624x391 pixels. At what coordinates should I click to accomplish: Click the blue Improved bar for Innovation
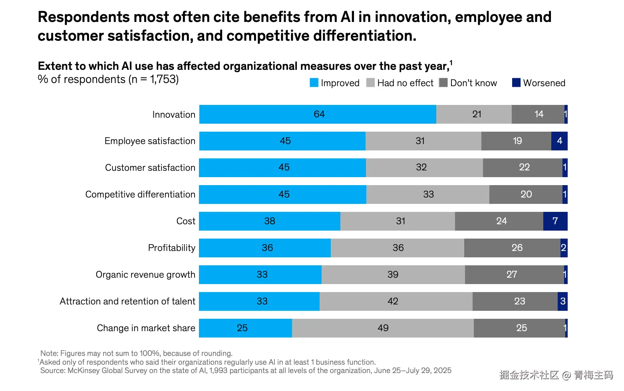click(x=318, y=115)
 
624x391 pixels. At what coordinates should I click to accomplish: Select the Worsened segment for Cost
click(x=555, y=221)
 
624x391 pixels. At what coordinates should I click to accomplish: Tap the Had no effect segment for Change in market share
click(x=383, y=328)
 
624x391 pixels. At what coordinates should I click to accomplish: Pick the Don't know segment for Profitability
click(x=512, y=248)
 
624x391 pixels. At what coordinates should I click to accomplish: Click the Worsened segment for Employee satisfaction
click(x=559, y=141)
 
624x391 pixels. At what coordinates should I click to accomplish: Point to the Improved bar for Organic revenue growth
click(x=260, y=274)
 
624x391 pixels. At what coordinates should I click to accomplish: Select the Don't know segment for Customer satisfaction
click(x=523, y=168)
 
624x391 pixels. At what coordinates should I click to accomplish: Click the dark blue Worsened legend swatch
click(x=516, y=83)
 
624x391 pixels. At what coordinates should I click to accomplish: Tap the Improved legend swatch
click(x=314, y=83)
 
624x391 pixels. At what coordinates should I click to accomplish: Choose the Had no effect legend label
click(x=405, y=83)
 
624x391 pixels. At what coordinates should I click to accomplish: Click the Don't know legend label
click(x=473, y=83)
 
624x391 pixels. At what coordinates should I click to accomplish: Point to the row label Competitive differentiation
click(x=140, y=194)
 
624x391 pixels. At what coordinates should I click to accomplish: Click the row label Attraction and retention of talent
click(x=127, y=301)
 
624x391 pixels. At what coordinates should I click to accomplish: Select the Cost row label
click(x=186, y=221)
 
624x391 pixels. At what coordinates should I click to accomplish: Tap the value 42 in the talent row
click(x=393, y=301)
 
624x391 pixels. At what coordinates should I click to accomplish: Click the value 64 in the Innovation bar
click(x=319, y=115)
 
